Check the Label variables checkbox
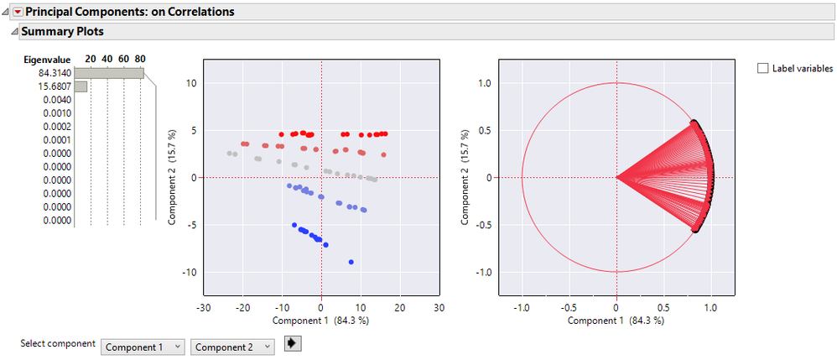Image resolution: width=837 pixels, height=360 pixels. (x=762, y=68)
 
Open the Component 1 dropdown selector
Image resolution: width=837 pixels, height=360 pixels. (x=143, y=347)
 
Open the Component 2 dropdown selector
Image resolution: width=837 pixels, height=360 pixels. (x=232, y=347)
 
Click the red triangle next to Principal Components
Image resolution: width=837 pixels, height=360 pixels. (x=18, y=12)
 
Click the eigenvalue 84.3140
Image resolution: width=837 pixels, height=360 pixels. (x=54, y=73)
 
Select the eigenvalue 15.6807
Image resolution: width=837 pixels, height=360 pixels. (x=54, y=86)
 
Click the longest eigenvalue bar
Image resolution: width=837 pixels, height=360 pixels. (x=109, y=73)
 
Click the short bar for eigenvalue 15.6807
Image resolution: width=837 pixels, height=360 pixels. (x=81, y=86)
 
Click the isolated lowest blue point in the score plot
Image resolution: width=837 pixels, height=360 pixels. (x=351, y=262)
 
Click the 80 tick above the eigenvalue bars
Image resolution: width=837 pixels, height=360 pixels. (x=140, y=59)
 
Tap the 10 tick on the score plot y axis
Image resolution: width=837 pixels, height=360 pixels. (x=191, y=83)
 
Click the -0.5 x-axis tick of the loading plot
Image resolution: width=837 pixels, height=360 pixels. (x=569, y=307)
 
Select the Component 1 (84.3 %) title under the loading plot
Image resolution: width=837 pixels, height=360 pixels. (x=616, y=320)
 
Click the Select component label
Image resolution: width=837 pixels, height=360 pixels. (x=58, y=343)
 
